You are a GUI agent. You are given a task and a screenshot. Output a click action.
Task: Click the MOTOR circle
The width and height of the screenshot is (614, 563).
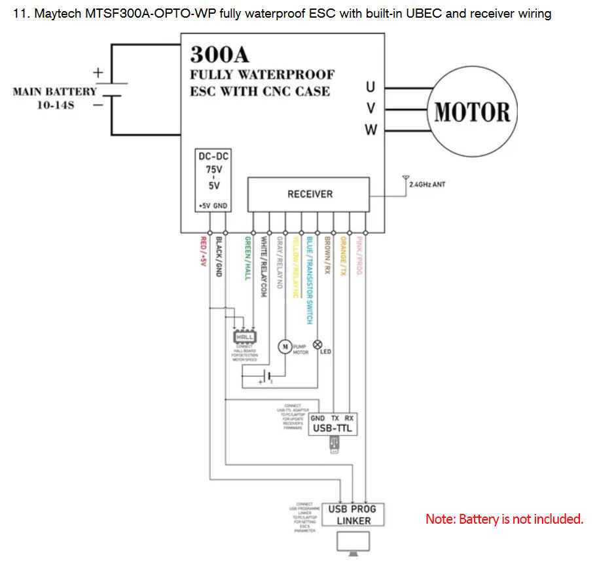472,111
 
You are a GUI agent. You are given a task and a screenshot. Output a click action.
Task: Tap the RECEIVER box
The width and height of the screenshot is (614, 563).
310,194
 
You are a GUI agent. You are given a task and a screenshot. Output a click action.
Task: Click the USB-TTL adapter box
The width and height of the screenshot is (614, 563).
333,424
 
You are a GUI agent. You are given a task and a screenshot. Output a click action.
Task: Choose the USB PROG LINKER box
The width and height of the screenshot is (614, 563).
353,515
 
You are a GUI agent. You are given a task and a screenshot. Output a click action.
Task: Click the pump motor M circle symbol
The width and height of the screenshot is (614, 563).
285,346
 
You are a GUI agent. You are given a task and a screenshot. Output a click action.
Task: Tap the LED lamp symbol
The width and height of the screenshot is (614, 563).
318,344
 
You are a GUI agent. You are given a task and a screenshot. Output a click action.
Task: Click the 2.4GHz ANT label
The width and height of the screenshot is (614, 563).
427,185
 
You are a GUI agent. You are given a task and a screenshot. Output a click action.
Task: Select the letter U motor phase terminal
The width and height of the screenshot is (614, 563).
371,86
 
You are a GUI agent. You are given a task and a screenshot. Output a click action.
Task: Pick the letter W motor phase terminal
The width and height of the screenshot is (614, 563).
371,130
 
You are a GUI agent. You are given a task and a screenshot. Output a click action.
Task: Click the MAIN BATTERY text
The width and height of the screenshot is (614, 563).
54,92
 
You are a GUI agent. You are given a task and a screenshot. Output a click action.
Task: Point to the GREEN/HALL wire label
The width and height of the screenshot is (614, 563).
247,258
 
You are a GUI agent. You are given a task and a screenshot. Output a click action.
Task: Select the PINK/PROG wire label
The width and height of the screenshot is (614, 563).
359,255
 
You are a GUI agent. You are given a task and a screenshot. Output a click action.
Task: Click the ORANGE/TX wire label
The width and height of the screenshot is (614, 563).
343,255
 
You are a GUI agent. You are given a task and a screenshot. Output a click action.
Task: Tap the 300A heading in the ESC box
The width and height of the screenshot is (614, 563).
220,54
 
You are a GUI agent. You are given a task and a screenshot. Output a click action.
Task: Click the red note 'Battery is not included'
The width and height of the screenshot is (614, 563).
504,519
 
